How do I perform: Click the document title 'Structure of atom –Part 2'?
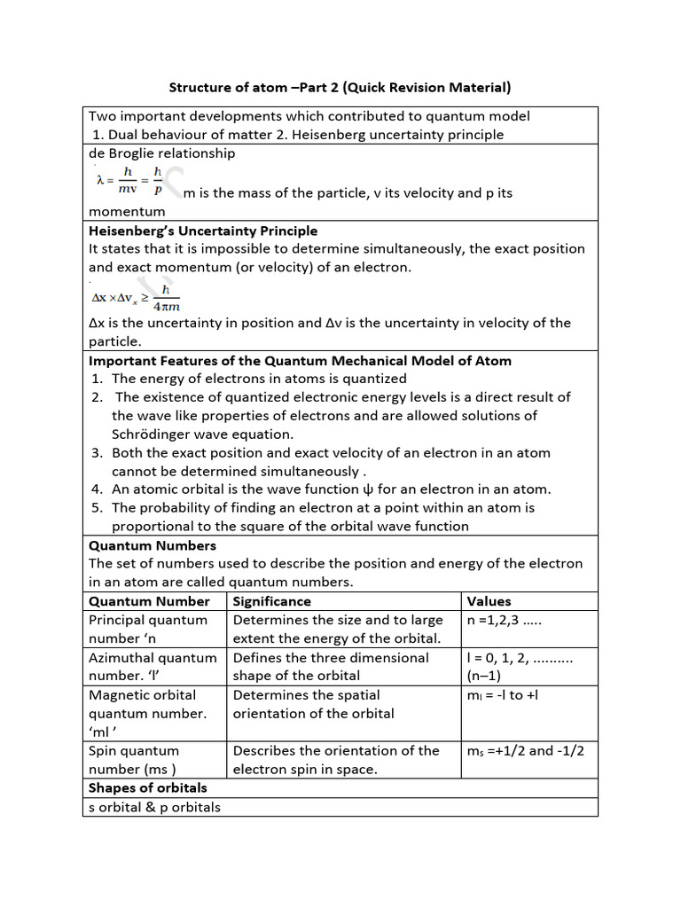[340, 88]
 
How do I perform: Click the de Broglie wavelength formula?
[129, 180]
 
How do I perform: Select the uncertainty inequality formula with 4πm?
[134, 298]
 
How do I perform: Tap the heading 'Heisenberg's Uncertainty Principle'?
[203, 231]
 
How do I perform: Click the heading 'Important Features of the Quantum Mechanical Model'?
[300, 360]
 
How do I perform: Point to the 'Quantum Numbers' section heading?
[152, 544]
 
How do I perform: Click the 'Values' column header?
[489, 600]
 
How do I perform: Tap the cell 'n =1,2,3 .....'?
[504, 620]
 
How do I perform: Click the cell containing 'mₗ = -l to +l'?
[502, 694]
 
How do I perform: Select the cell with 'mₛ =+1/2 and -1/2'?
[526, 750]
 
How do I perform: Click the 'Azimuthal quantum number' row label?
[153, 666]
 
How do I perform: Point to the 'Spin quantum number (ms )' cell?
[133, 759]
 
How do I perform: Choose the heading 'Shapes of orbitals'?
[148, 787]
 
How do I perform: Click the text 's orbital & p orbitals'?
[154, 806]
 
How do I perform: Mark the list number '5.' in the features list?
[98, 507]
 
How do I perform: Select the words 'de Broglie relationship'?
[161, 153]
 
